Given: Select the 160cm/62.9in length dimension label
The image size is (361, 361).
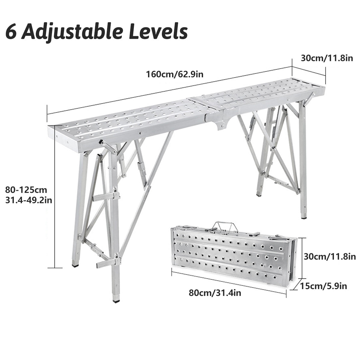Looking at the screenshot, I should pos(175,74).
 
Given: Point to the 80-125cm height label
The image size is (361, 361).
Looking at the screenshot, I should pos(26,190).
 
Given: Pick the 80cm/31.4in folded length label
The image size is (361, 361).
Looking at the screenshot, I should pos(215,293).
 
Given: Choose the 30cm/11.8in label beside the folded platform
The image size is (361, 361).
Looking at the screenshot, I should pos(330,257).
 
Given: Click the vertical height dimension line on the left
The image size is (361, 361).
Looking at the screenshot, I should pos(54,196).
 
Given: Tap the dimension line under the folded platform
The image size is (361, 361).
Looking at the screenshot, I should pos(229,282).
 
